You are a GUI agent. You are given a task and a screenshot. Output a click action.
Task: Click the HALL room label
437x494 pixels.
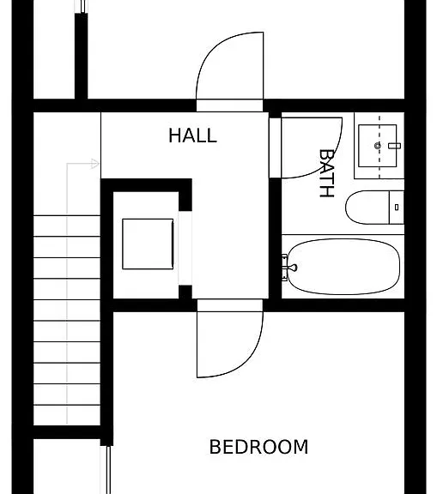click(192, 136)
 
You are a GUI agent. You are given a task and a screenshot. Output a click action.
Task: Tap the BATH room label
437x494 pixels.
click(326, 173)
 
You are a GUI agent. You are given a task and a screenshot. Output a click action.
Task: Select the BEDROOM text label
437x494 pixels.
click(258, 447)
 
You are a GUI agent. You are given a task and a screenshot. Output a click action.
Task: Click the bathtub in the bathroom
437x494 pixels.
click(343, 267)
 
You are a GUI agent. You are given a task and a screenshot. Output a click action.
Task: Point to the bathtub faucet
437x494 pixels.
click(288, 268)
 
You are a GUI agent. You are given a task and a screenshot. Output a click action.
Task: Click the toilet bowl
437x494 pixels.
click(367, 208)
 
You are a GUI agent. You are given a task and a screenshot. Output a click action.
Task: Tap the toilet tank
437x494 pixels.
click(397, 208)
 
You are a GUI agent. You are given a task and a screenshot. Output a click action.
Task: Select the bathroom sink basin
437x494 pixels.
click(378, 146)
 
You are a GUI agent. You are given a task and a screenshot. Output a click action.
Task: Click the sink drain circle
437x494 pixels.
click(378, 146)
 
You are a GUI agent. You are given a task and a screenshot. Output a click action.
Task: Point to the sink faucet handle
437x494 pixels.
click(394, 146)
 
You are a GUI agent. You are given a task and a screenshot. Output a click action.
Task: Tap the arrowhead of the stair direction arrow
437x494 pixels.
click(95, 164)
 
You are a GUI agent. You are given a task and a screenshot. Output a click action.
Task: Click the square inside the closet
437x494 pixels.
click(148, 244)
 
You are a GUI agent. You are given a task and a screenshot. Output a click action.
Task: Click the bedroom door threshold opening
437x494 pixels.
click(230, 305)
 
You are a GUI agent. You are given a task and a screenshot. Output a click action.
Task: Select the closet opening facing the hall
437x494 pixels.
click(185, 248)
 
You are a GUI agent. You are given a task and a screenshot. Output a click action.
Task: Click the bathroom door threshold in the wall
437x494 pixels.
click(275, 148)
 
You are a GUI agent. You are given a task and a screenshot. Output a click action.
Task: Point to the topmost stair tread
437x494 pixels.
click(67, 226)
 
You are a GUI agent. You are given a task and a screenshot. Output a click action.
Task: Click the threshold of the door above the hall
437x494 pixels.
click(229, 105)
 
